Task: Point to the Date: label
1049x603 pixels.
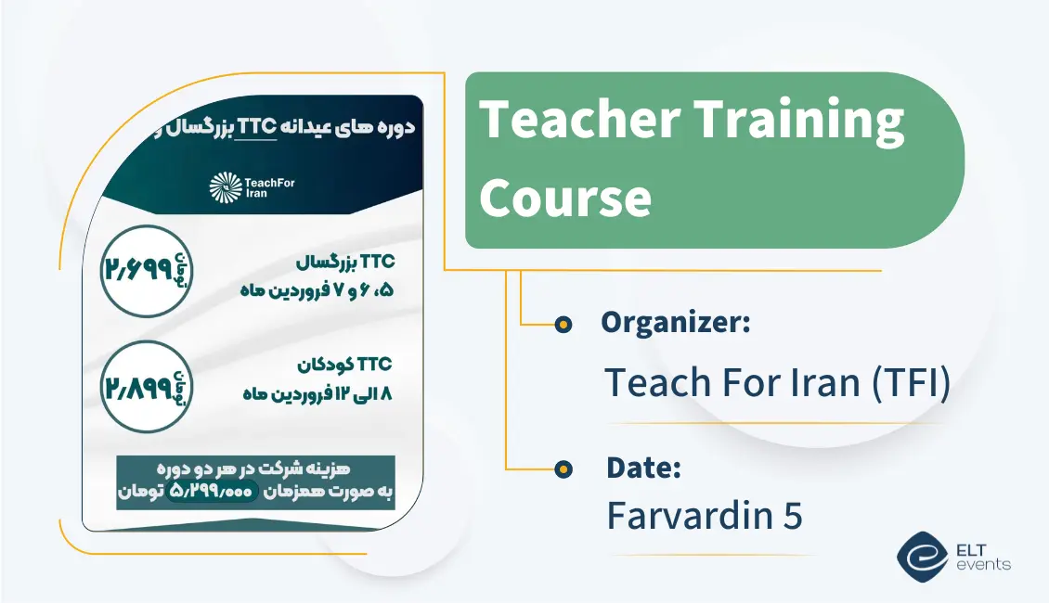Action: pyautogui.click(x=643, y=468)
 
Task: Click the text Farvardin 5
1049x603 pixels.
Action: pyautogui.click(x=705, y=516)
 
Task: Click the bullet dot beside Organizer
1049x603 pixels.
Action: pyautogui.click(x=563, y=324)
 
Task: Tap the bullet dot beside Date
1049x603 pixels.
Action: pyautogui.click(x=563, y=469)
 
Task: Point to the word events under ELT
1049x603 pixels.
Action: pyautogui.click(x=987, y=565)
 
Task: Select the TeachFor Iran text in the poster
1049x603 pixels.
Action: pyautogui.click(x=270, y=187)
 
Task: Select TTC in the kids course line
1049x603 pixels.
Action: pyautogui.click(x=375, y=364)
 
